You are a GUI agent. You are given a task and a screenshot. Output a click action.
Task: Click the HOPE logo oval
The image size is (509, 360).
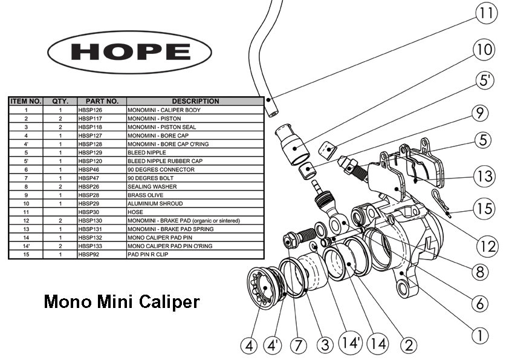[x=129, y=51]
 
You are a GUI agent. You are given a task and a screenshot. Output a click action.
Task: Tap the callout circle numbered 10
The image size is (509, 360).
[x=482, y=50]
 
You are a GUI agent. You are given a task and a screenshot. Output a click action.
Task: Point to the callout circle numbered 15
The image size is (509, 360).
[x=483, y=209]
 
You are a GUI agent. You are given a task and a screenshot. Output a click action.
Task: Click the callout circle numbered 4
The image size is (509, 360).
[x=249, y=345]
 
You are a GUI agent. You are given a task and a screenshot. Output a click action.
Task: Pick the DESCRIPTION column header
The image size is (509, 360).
[x=195, y=101]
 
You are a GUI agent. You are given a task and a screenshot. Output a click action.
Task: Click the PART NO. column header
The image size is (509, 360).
[x=102, y=101]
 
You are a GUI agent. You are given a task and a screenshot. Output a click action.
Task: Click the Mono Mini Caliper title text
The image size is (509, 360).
[x=122, y=301]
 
